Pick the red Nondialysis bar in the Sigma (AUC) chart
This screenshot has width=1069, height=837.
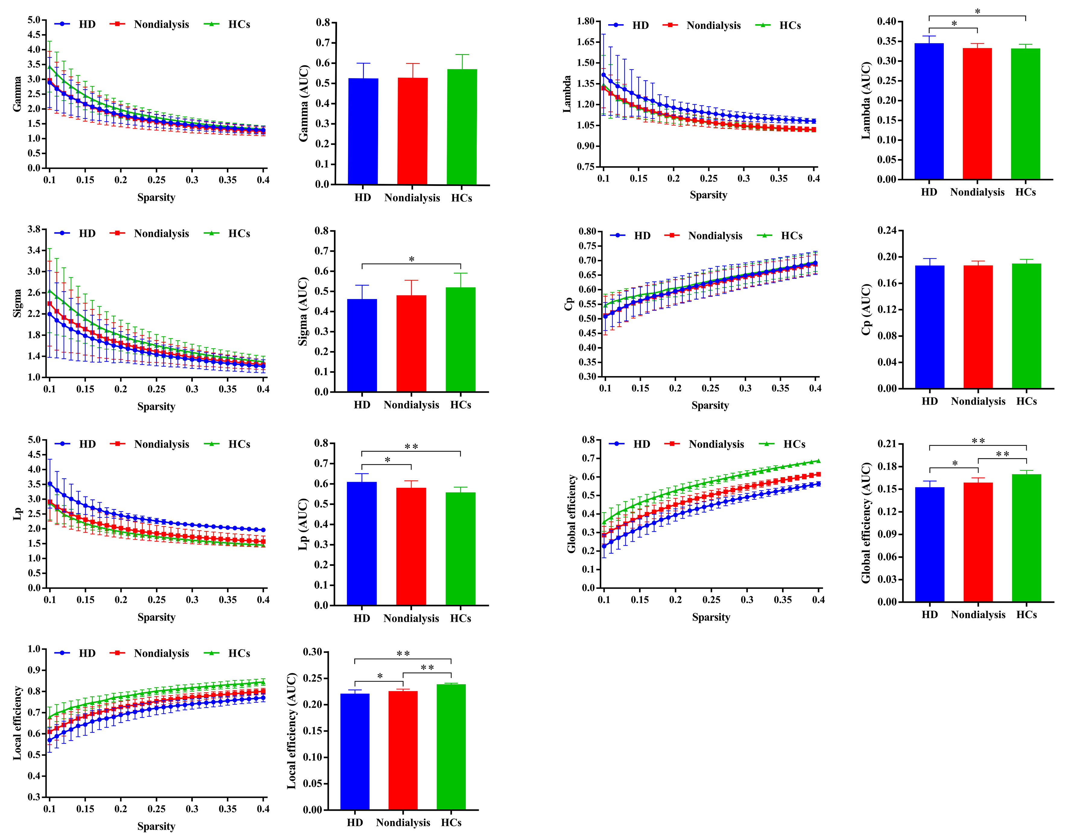[x=411, y=343]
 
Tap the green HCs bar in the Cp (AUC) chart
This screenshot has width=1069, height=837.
[x=1026, y=326]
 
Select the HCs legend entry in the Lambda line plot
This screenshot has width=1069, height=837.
[x=789, y=25]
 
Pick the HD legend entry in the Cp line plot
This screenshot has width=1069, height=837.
[x=642, y=236]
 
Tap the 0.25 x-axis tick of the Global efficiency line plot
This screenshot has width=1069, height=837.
[x=711, y=600]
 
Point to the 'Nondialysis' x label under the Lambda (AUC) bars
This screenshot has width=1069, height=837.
[x=977, y=192]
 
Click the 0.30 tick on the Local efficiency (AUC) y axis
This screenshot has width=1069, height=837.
[x=312, y=652]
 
